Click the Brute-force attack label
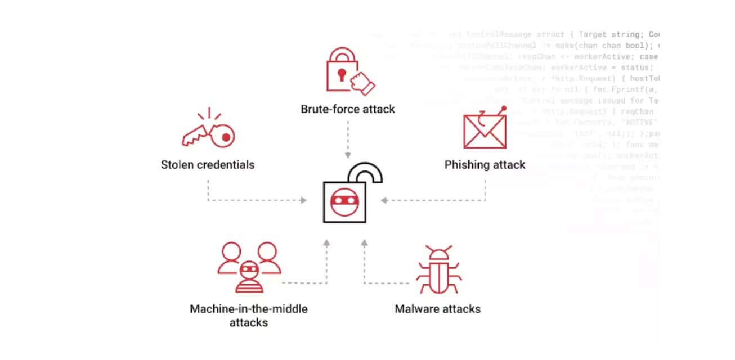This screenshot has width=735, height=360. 348,109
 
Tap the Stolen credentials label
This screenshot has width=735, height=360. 208,165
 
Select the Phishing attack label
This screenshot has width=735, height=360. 485,165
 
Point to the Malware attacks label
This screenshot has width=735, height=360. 438,309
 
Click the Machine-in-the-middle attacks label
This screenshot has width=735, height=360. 249,316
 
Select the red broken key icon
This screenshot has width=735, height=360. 209,133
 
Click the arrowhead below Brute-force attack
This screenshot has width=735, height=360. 348,155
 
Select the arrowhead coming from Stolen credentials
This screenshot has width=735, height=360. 304,200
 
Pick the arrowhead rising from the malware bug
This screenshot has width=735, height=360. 364,242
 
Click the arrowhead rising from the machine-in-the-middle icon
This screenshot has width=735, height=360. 326,242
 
